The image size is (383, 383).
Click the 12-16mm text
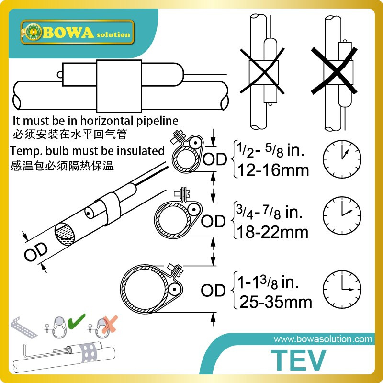tap(270, 170)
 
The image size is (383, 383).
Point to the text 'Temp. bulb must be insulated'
tap(88, 151)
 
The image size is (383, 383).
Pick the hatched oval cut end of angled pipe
tap(67, 234)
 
